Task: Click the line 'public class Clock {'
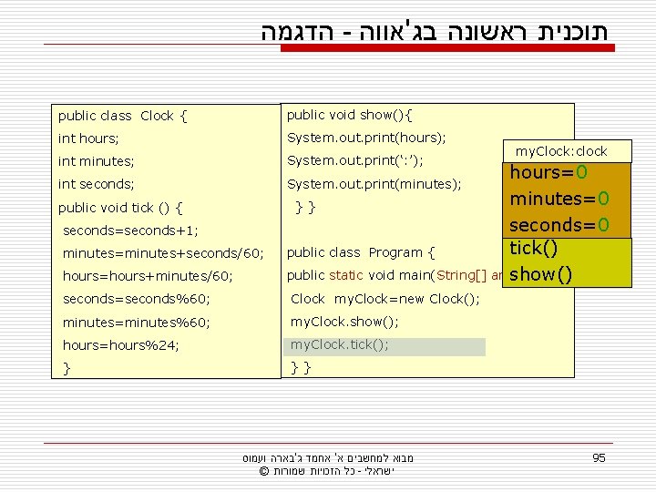click(x=123, y=116)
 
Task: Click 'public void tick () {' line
click(x=121, y=207)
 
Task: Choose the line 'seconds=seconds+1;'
click(x=130, y=231)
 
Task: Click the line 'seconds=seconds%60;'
click(x=136, y=299)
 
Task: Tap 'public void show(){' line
click(x=349, y=115)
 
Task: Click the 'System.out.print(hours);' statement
click(x=366, y=138)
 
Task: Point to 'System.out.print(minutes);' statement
click(x=374, y=184)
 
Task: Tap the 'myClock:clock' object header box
click(x=561, y=151)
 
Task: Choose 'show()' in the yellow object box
click(x=541, y=272)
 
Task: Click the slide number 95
click(x=598, y=457)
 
